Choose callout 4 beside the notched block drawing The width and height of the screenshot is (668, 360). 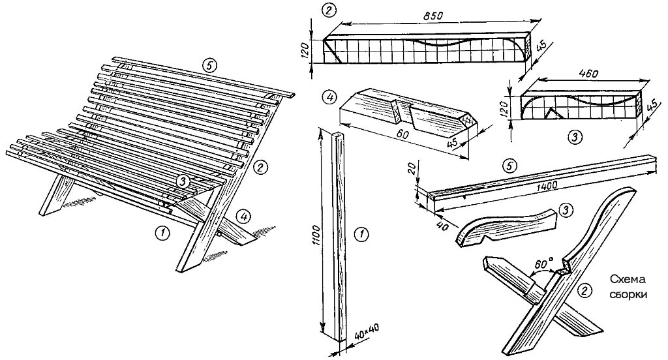coord(330,98)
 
